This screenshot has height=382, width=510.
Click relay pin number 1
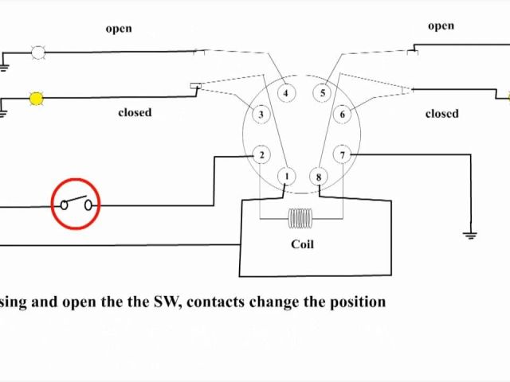click(287, 177)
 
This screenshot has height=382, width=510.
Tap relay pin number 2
click(261, 155)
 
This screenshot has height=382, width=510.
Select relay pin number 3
click(261, 115)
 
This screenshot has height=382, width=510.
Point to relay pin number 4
click(286, 93)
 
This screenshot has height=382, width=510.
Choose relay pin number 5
click(323, 93)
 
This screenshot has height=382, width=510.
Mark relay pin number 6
click(343, 115)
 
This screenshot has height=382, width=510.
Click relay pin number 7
click(343, 155)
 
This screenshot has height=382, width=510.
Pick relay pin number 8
click(319, 177)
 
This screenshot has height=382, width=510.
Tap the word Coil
click(302, 244)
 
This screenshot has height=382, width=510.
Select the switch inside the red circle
click(76, 205)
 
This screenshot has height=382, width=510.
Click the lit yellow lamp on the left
click(37, 99)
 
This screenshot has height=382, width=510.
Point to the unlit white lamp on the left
click(37, 53)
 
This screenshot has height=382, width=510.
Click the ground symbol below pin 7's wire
click(470, 234)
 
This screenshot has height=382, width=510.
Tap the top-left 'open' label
click(119, 29)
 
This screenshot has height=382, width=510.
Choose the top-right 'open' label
click(441, 26)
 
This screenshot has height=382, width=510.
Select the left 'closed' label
click(135, 112)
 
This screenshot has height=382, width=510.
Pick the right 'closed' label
click(441, 114)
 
